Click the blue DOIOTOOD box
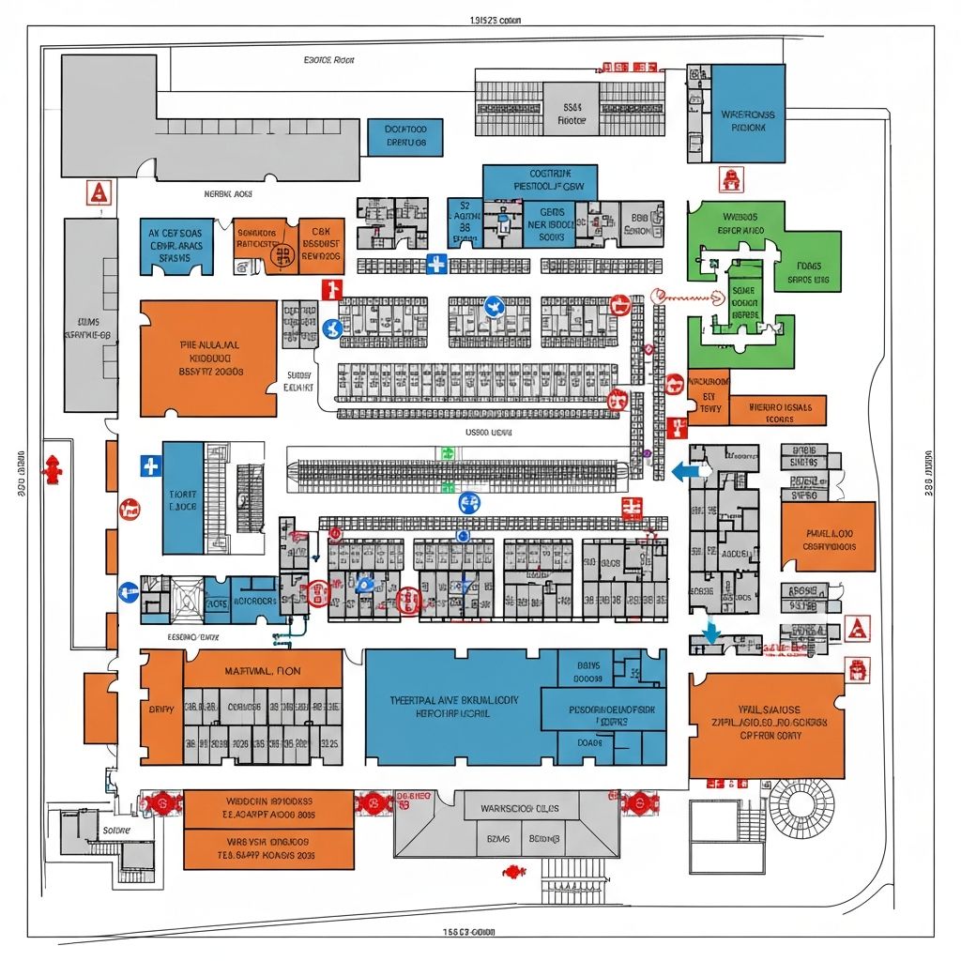(405, 137)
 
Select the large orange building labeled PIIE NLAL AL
(208, 358)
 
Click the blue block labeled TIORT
(182, 498)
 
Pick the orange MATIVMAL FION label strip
(263, 671)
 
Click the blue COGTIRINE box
(540, 181)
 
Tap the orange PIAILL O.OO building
(828, 537)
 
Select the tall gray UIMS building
(90, 315)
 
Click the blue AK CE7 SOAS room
(175, 246)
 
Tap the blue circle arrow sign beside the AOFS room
(129, 591)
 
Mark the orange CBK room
(322, 246)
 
